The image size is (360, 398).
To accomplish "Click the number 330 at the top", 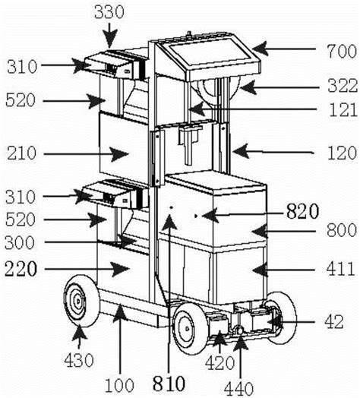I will [109, 11].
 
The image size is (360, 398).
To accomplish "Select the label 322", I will [336, 88].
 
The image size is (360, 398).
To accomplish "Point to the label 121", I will [336, 110].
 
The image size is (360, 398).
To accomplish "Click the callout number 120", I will [336, 152].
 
